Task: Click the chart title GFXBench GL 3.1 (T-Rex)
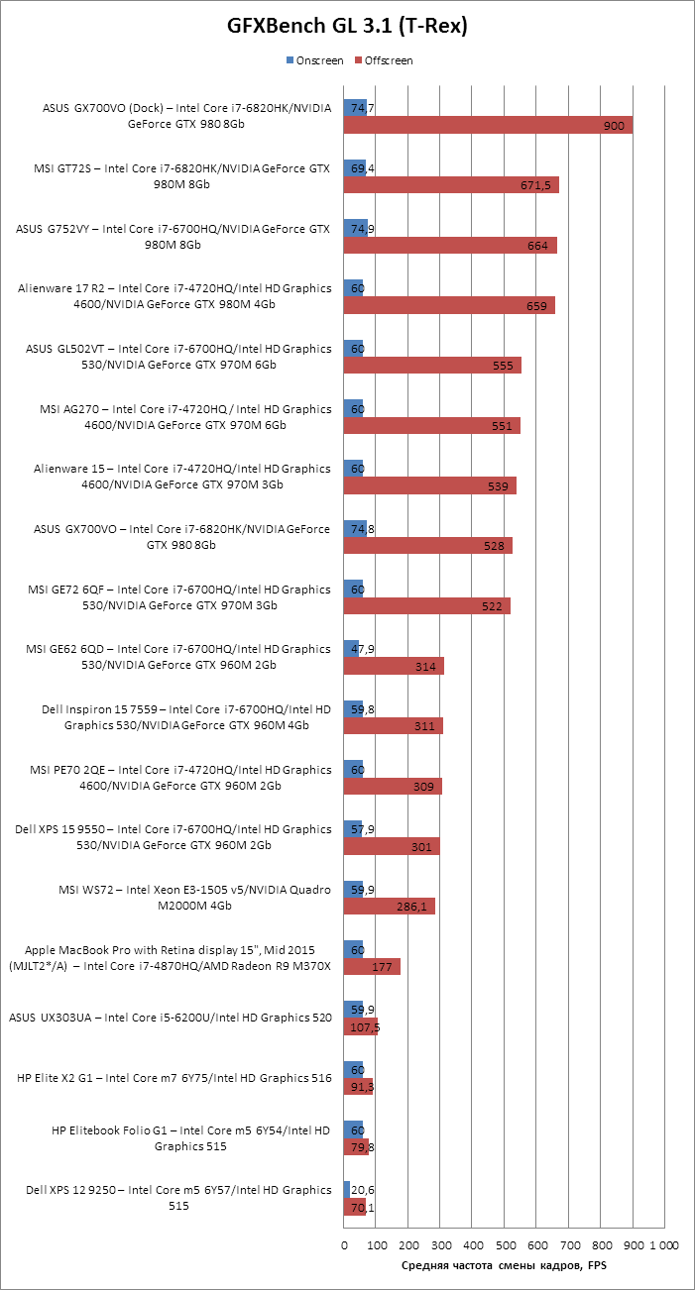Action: [x=347, y=28]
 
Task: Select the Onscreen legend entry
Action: [x=314, y=60]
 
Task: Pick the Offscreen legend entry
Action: [x=386, y=60]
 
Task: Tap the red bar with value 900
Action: [x=488, y=126]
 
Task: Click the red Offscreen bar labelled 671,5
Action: [x=451, y=185]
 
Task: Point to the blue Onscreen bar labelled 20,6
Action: [x=347, y=1189]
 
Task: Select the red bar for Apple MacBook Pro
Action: [x=372, y=966]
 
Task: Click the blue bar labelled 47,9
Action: [x=351, y=648]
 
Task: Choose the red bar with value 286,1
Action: [x=390, y=906]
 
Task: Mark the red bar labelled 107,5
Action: [x=360, y=1026]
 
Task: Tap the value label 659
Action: [x=536, y=306]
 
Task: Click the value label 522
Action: [x=492, y=606]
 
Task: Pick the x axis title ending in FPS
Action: [x=503, y=1265]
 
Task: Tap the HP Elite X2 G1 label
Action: [x=174, y=1078]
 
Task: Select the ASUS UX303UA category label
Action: [x=170, y=1018]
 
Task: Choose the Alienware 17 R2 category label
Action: [x=174, y=296]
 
